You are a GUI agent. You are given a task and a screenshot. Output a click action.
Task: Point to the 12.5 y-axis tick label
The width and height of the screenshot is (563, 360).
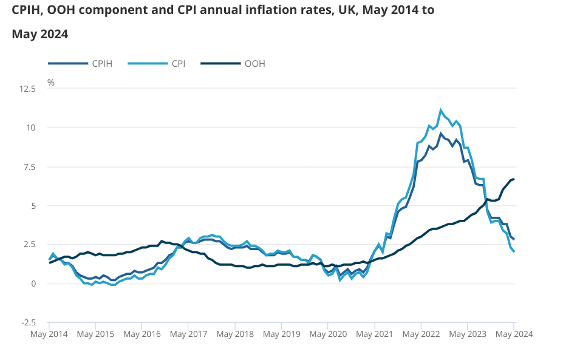point(28,89)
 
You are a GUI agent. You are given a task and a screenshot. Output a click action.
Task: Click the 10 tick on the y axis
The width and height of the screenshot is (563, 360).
point(32,127)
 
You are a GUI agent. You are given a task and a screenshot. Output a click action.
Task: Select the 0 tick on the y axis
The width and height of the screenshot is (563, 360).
point(34,284)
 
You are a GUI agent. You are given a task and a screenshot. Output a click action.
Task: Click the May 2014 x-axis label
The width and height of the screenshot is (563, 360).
point(49,334)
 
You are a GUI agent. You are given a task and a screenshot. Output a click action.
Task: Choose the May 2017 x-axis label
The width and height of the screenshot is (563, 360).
point(188,334)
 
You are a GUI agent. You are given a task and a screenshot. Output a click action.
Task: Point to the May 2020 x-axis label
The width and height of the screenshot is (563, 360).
point(327,334)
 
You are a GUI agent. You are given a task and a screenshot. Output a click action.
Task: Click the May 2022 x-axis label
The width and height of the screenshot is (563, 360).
point(420,334)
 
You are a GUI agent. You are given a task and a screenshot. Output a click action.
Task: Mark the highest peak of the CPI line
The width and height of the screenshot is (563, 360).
point(441,110)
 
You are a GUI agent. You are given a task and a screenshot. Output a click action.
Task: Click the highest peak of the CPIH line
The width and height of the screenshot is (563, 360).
point(441,134)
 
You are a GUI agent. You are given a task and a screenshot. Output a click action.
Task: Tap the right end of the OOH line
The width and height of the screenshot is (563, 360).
point(514,179)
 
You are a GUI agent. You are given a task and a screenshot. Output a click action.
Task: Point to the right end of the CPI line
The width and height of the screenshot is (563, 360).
point(514,251)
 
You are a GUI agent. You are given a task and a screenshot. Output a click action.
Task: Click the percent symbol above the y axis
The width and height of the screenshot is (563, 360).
point(51,82)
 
